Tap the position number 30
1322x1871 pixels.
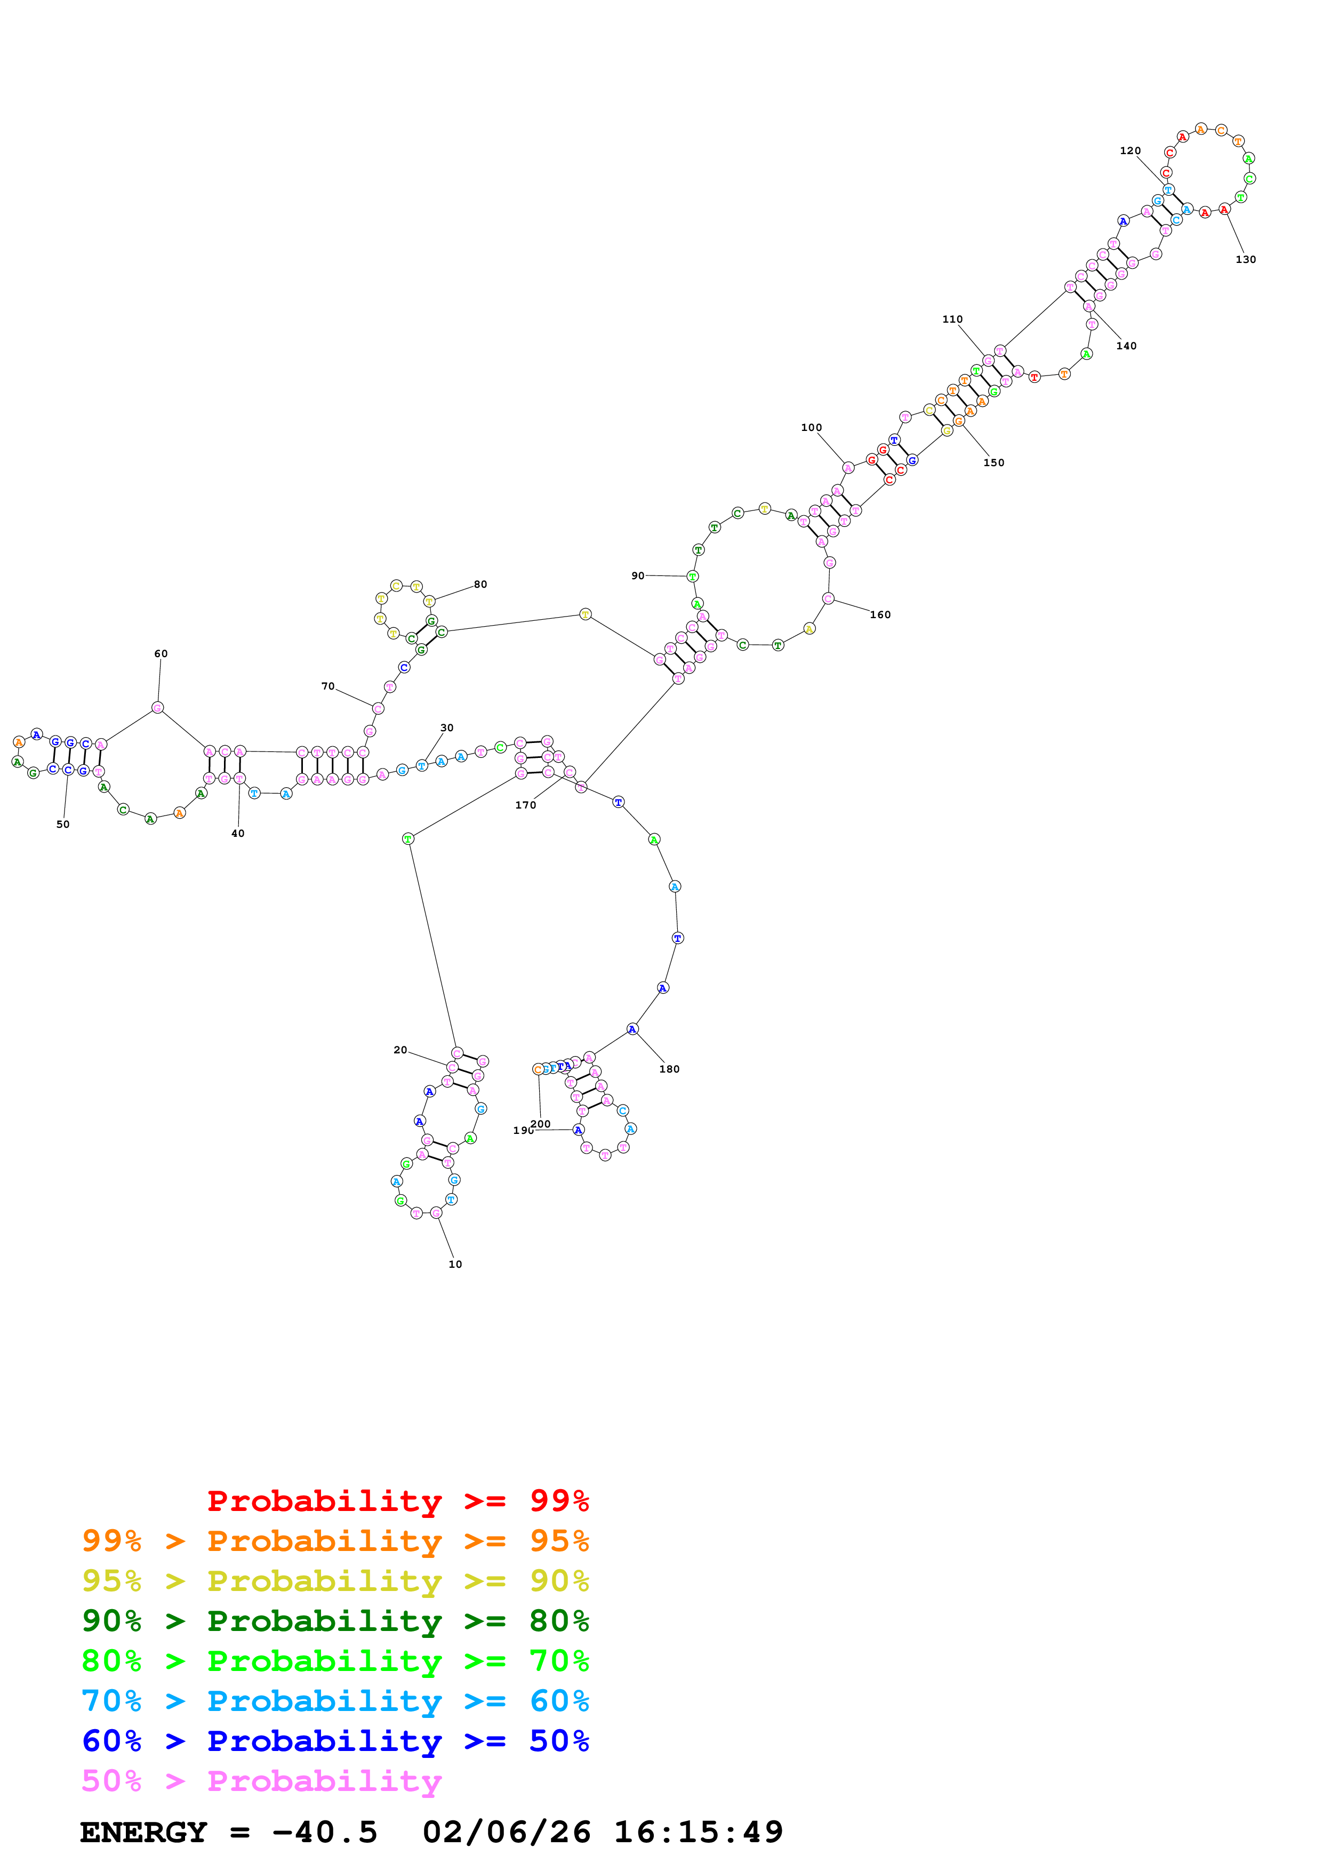(x=446, y=727)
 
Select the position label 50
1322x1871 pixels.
(x=63, y=824)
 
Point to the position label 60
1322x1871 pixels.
(x=161, y=653)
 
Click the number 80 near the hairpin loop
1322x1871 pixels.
(x=480, y=584)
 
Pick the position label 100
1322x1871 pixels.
(x=811, y=427)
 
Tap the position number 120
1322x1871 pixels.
(x=1130, y=151)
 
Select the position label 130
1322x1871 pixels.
(x=1245, y=259)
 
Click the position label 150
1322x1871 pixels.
(x=993, y=462)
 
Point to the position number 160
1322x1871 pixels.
(x=880, y=614)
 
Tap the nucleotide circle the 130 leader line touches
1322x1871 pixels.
(x=1224, y=210)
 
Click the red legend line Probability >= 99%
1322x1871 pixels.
(x=397, y=1500)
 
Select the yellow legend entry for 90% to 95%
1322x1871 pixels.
(x=335, y=1580)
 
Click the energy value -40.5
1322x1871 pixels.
(x=325, y=1832)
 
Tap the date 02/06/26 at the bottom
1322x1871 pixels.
(x=506, y=1832)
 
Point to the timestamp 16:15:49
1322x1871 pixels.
(x=698, y=1832)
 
